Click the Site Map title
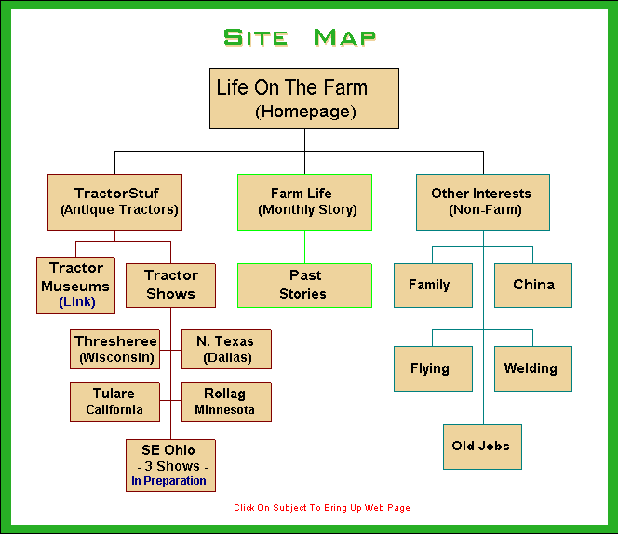[300, 37]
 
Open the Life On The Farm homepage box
[304, 98]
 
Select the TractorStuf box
[115, 201]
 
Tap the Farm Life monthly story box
[304, 201]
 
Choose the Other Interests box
[482, 201]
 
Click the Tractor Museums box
[76, 285]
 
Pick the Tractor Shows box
[170, 285]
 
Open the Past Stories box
[304, 285]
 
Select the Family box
[429, 285]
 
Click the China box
[533, 285]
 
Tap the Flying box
[430, 368]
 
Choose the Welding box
[532, 368]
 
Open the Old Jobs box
[481, 447]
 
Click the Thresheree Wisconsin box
[115, 349]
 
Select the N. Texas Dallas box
[226, 349]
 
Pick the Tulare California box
[115, 401]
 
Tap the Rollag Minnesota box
[225, 401]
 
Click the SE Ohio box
[170, 458]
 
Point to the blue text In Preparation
[168, 481]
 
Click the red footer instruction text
[322, 508]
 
